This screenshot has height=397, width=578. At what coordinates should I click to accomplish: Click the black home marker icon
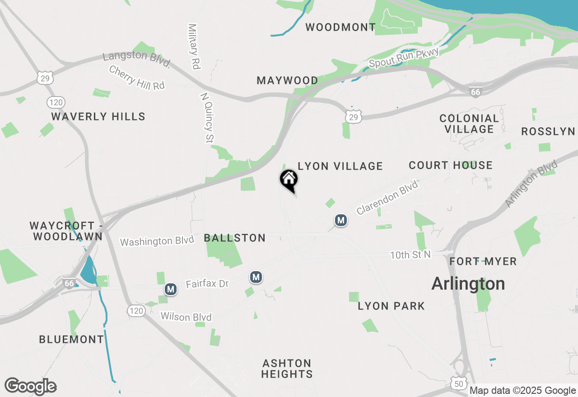289,180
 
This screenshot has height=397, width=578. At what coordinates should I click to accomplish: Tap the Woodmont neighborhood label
340,27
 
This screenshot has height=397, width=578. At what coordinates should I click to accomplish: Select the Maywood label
287,80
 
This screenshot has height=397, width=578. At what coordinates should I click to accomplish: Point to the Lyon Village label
340,166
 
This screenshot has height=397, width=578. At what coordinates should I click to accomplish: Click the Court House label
450,165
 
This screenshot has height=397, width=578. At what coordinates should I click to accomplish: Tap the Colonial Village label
469,124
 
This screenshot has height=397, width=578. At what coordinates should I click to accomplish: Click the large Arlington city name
468,284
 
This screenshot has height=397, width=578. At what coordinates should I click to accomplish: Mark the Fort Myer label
483,261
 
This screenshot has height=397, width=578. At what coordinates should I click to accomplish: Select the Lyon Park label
391,306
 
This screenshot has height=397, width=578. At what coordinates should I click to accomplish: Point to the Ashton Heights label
287,369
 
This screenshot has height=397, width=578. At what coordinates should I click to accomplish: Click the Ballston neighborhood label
235,238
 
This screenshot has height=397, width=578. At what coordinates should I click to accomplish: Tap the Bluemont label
71,339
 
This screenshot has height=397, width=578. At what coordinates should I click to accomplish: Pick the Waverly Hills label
98,116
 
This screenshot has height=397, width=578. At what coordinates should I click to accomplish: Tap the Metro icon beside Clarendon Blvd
341,220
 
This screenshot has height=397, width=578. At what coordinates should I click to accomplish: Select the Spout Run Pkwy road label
404,58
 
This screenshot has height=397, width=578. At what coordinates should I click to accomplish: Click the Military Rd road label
194,46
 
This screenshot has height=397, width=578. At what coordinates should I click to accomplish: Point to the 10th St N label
410,255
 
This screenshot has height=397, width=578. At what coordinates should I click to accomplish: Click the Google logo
31,387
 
